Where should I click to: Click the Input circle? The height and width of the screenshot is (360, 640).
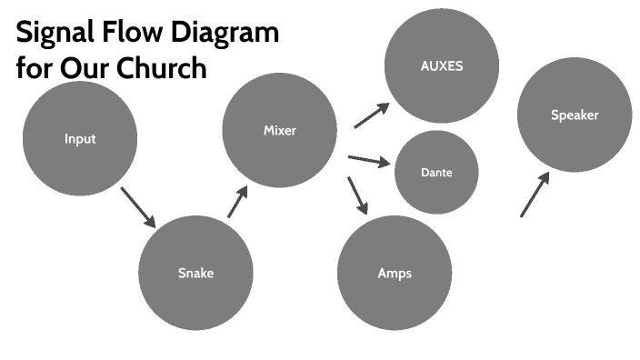[80, 139]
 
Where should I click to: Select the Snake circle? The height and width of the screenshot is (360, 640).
[195, 273]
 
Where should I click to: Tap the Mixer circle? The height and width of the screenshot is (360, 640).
[279, 131]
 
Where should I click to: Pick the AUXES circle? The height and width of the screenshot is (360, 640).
[442, 66]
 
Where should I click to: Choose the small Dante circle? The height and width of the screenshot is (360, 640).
[436, 173]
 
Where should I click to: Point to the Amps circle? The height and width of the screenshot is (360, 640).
[395, 273]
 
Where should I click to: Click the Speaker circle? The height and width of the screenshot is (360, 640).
[575, 115]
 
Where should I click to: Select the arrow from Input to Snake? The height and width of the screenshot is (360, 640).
[137, 208]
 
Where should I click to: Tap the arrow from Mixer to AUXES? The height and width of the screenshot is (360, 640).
[371, 115]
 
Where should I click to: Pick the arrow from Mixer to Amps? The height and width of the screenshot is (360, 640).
[357, 195]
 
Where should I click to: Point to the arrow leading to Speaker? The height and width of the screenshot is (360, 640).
[535, 195]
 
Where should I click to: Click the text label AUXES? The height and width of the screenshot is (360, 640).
[442, 66]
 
